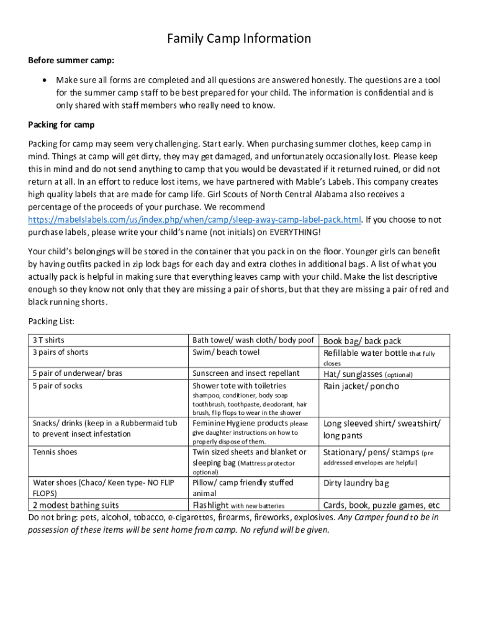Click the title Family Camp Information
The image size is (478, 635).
239,39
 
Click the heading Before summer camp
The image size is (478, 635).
71,61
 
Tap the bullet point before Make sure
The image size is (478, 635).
43,81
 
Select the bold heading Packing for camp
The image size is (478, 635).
61,125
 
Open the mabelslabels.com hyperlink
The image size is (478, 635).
195,220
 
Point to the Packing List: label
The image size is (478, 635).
52,321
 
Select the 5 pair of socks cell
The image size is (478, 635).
57,386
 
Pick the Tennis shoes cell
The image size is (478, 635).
55,452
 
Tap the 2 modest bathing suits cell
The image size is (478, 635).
76,505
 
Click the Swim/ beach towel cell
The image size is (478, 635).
226,352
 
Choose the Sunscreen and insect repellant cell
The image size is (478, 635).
246,373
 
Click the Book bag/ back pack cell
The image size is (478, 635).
362,341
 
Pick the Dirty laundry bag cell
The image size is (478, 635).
356,483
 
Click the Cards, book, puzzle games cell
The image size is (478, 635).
381,505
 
